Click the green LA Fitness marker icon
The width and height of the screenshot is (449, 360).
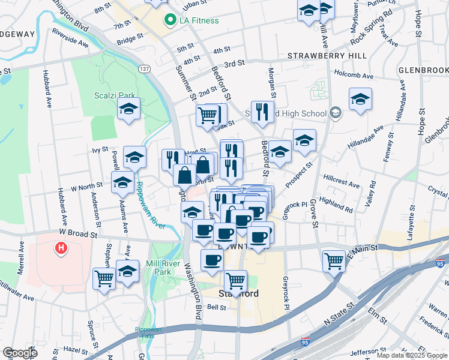tap(170, 20)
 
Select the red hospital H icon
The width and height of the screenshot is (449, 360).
tap(60, 247)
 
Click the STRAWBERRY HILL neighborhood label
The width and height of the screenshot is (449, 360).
tap(327, 56)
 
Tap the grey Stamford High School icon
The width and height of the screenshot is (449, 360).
tap(335, 113)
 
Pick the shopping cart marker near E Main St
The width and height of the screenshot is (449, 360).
tap(334, 260)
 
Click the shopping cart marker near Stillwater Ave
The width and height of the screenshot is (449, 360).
tap(104, 278)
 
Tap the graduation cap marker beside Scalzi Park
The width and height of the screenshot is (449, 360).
tap(128, 109)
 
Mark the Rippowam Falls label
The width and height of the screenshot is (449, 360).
tap(147, 332)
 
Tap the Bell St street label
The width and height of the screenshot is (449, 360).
tap(215, 307)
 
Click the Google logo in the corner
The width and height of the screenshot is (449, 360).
tap(19, 353)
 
